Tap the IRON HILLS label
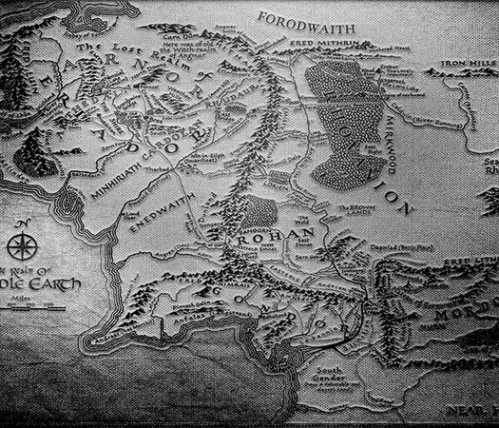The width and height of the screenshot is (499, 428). click(468, 68)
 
